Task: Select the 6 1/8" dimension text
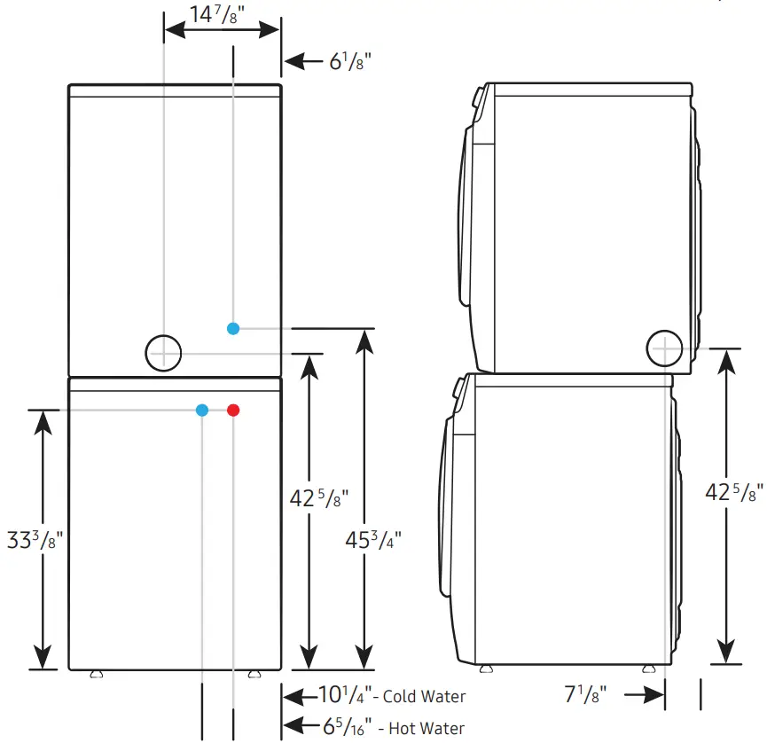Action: pyautogui.click(x=350, y=61)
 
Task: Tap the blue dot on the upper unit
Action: pyautogui.click(x=232, y=328)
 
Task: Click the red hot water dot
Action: pyautogui.click(x=233, y=410)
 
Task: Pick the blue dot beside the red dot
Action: pyautogui.click(x=202, y=410)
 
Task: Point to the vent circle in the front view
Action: pyautogui.click(x=163, y=353)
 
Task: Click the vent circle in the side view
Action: pyautogui.click(x=664, y=348)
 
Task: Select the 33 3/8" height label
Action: pyautogui.click(x=35, y=540)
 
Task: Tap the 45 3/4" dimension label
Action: pyautogui.click(x=372, y=540)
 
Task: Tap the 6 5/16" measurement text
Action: pyautogui.click(x=347, y=728)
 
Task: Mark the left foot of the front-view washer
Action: pyautogui.click(x=96, y=675)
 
